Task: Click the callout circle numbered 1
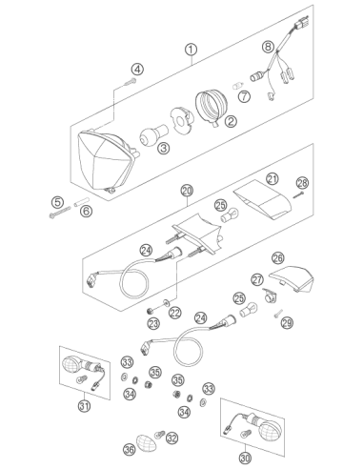tap(191, 50)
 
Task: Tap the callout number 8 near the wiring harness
tap(268, 47)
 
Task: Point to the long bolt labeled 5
tap(60, 212)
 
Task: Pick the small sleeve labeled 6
tap(82, 202)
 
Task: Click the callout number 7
tap(244, 96)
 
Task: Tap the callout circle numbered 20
tap(187, 191)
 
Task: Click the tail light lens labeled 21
tap(262, 199)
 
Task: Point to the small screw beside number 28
tap(298, 194)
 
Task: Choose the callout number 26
tap(278, 257)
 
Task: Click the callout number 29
tap(287, 323)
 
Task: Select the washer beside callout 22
tap(167, 302)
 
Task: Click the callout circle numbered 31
tap(84, 406)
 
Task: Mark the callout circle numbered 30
tap(245, 458)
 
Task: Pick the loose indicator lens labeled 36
tap(147, 442)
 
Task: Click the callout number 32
tap(171, 438)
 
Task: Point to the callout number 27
tap(257, 279)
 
